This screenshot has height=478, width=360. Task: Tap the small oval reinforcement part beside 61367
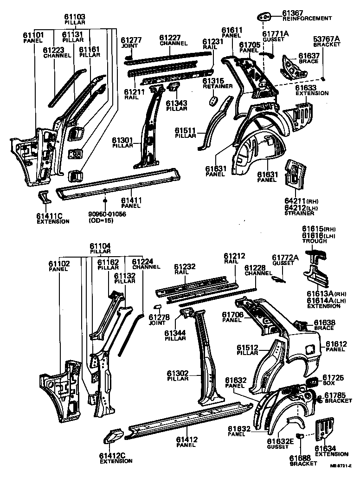click(x=265, y=17)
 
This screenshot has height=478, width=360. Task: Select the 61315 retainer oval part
click(x=213, y=101)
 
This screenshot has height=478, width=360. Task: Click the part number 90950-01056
click(x=107, y=214)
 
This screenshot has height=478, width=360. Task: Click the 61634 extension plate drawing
click(x=325, y=430)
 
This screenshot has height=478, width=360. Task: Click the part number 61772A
click(x=285, y=258)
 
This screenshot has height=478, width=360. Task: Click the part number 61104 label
click(x=100, y=245)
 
